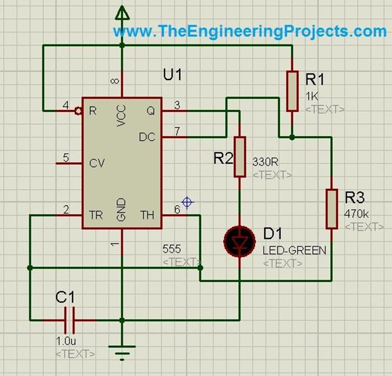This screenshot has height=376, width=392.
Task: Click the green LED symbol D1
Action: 239,240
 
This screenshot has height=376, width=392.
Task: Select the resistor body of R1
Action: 291,91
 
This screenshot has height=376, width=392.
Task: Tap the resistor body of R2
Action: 239,157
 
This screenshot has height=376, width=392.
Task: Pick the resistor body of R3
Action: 332,208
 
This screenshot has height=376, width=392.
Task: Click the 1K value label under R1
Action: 311,97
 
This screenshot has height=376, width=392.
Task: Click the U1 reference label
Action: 172,74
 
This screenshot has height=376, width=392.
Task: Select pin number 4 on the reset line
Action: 65,106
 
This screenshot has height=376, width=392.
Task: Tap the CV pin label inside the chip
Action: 96,164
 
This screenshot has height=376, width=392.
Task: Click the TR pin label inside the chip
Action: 96,215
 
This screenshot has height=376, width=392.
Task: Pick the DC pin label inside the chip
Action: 147,137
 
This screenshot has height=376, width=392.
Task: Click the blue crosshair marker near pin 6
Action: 187,203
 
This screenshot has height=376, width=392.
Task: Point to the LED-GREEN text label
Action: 294,251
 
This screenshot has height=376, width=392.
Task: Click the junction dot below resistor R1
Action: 291,137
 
